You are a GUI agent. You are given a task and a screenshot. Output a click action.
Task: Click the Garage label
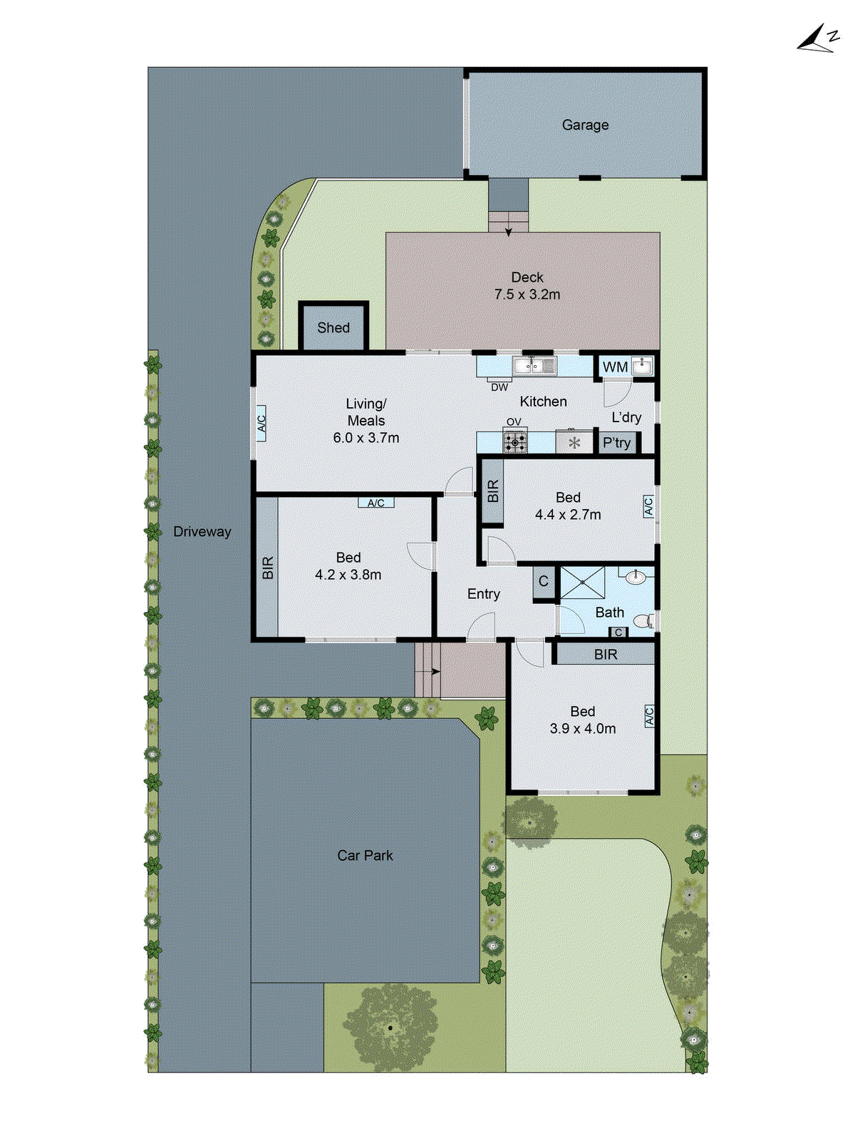pyautogui.click(x=585, y=125)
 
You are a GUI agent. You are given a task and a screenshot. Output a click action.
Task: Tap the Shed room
pyautogui.click(x=333, y=327)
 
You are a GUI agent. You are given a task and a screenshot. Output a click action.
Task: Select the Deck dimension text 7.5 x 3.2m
pyautogui.click(x=527, y=295)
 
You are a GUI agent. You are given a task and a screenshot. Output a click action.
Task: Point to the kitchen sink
pyautogui.click(x=534, y=367)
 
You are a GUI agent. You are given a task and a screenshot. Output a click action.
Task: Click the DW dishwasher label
pyautogui.click(x=499, y=387)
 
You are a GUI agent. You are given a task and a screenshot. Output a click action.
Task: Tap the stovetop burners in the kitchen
pyautogui.click(x=515, y=442)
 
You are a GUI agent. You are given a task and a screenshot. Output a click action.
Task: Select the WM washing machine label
pyautogui.click(x=615, y=367)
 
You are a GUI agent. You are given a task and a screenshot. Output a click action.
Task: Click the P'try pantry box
pyautogui.click(x=616, y=443)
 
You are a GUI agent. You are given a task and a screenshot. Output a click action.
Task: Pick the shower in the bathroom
pyautogui.click(x=582, y=583)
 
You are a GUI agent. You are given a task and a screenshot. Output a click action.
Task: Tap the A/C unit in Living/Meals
pyautogui.click(x=261, y=424)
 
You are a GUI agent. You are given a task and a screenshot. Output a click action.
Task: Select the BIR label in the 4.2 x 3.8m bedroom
pyautogui.click(x=268, y=568)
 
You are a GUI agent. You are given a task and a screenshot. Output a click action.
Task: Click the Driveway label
pyautogui.click(x=202, y=531)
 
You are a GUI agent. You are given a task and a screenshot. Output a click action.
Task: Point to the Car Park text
pyautogui.click(x=365, y=855)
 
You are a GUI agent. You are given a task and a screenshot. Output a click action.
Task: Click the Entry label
pyautogui.click(x=483, y=594)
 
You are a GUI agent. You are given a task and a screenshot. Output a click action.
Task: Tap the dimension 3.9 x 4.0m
pyautogui.click(x=582, y=729)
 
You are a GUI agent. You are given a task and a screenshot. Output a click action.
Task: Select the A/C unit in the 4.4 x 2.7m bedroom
pyautogui.click(x=648, y=506)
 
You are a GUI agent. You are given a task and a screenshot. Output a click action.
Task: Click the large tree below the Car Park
pyautogui.click(x=390, y=1027)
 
